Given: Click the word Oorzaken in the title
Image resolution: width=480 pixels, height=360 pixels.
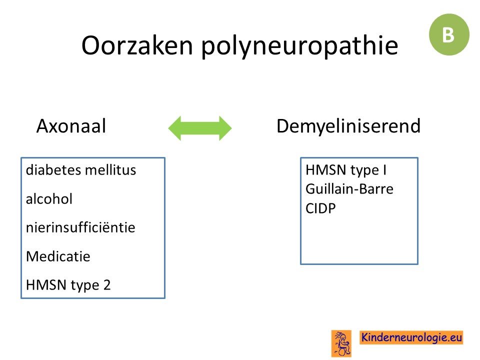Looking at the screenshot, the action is click(x=137, y=45).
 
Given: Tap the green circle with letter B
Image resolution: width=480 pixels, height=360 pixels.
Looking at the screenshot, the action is click(x=449, y=34).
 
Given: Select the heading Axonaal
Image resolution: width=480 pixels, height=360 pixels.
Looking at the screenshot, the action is click(x=71, y=126).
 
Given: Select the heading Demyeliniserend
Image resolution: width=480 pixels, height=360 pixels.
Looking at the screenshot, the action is click(x=348, y=126).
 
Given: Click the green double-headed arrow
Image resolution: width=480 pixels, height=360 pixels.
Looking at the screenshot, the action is click(x=200, y=128).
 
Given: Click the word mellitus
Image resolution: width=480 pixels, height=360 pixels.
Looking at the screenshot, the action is click(x=111, y=170).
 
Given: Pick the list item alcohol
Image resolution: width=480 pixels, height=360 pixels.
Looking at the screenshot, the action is click(x=49, y=199).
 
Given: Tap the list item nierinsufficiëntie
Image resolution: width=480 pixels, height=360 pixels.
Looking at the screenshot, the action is click(x=80, y=227).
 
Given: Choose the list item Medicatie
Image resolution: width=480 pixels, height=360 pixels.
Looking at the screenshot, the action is click(x=58, y=256).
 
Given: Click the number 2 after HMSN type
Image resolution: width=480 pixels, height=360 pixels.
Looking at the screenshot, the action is click(x=107, y=285).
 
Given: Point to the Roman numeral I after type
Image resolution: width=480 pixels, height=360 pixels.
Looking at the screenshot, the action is click(x=384, y=170).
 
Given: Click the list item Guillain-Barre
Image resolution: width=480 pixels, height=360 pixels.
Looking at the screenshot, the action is click(x=349, y=189).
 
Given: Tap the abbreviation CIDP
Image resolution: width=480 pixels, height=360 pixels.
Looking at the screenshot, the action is click(x=320, y=208).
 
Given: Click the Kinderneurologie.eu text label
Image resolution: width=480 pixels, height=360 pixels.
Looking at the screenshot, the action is click(x=411, y=337).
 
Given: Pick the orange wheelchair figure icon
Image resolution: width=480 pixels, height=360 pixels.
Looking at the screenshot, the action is click(x=341, y=343).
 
